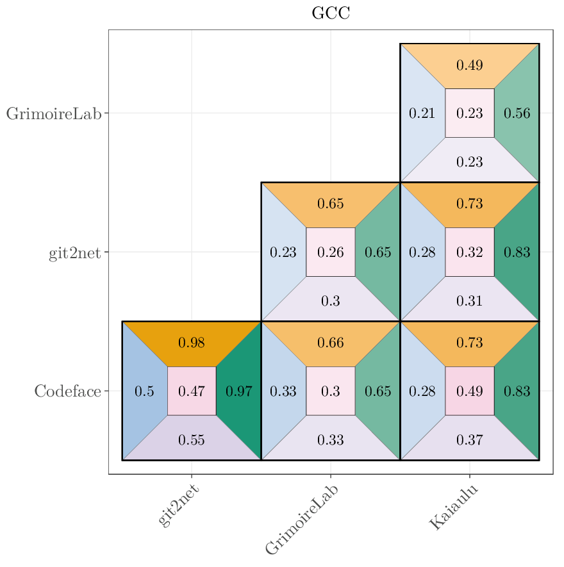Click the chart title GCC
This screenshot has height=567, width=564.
click(x=331, y=13)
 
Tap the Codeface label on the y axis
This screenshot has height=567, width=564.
click(x=67, y=391)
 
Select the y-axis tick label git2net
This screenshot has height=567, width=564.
click(x=74, y=252)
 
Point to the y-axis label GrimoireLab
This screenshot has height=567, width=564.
click(x=54, y=113)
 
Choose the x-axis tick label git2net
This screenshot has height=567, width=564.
click(x=178, y=505)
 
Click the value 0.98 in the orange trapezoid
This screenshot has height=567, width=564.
click(x=192, y=343)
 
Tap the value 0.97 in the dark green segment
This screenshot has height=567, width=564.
click(x=239, y=391)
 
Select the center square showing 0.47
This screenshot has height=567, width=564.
click(x=192, y=391)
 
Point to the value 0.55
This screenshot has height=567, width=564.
click(x=192, y=440)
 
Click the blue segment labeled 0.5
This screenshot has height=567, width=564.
click(x=144, y=391)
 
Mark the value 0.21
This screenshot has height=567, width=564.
click(x=422, y=113)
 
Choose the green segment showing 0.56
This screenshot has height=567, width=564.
click(x=517, y=113)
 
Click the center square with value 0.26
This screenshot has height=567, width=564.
click(x=331, y=252)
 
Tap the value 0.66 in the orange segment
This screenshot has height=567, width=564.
click(x=331, y=343)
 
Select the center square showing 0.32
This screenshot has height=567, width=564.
click(x=470, y=252)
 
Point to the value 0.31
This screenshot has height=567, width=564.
click(x=470, y=300)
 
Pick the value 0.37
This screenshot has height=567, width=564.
click(x=470, y=440)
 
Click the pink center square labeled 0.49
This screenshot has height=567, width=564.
click(x=470, y=391)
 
